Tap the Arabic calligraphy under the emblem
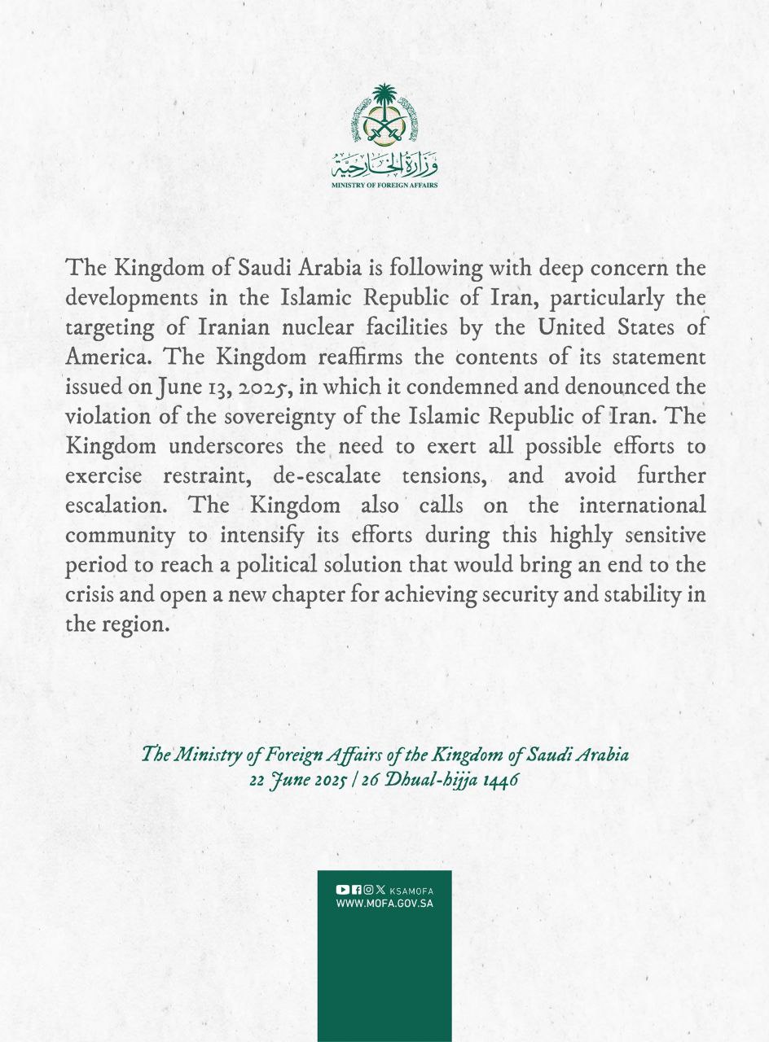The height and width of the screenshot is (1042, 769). (384, 165)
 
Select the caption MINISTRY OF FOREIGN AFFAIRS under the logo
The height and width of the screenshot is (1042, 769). (384, 186)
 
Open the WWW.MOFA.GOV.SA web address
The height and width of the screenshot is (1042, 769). (384, 904)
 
